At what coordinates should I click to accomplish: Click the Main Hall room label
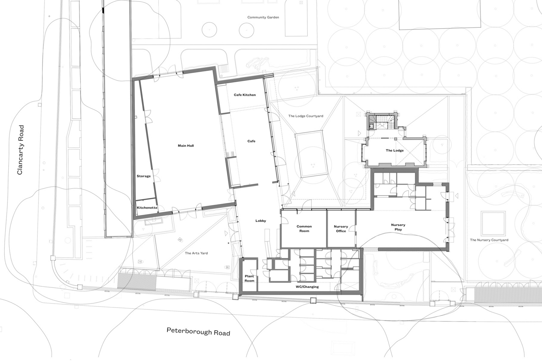click(185, 146)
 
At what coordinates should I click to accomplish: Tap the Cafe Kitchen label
click(245, 95)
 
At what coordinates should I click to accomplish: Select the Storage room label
click(144, 176)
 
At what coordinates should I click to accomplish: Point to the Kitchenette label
click(147, 208)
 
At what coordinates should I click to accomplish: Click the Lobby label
click(261, 221)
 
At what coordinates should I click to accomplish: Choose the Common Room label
click(304, 229)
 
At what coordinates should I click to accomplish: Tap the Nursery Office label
click(341, 229)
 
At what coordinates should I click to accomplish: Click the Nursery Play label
click(398, 227)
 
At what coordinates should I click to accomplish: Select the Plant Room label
click(249, 279)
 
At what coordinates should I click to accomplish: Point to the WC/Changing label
click(307, 287)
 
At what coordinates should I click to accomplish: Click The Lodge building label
click(394, 150)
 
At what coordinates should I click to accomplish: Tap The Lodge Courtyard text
click(306, 116)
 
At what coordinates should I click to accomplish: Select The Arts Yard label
click(196, 253)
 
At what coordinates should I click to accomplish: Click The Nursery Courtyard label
click(489, 240)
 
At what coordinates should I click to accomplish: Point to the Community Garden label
click(263, 17)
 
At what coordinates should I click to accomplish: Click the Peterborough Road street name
click(198, 332)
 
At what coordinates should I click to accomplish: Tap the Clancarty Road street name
click(20, 150)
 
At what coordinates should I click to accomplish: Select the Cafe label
click(251, 141)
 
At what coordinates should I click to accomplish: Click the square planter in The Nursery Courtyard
click(493, 224)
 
